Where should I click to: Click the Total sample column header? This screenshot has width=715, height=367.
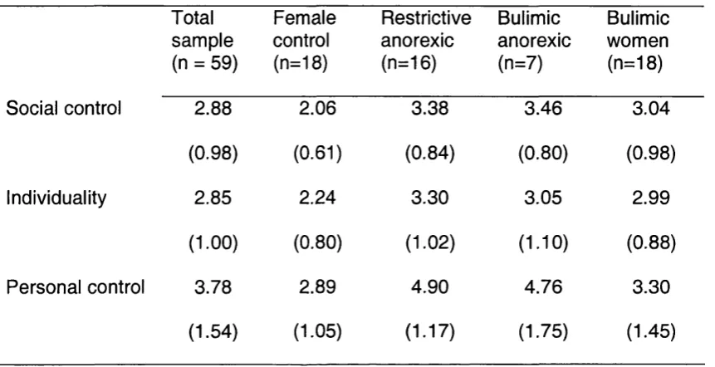204,41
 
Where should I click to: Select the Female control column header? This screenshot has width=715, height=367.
304,41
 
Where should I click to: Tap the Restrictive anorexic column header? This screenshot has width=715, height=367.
425,41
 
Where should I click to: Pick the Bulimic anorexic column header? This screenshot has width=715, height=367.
534,41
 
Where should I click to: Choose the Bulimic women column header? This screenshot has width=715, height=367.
638,41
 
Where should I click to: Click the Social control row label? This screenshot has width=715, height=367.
64,109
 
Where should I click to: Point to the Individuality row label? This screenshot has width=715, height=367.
56,198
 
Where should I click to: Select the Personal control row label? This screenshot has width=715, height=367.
76,287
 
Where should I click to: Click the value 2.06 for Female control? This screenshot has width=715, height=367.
317,109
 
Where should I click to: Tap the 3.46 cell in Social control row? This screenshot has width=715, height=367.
542,109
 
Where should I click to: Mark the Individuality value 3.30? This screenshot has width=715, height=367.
429,198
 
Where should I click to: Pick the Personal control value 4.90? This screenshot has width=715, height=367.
429,287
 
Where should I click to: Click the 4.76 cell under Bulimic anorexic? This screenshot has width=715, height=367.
542,287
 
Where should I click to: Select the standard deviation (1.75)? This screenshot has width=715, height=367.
542,332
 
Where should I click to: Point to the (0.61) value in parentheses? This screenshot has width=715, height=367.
317,153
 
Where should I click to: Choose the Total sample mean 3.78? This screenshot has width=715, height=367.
213,287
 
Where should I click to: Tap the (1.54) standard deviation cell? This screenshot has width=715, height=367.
213,332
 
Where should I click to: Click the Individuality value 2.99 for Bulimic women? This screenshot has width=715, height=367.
651,198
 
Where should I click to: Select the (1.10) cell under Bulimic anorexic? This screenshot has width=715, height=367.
542,242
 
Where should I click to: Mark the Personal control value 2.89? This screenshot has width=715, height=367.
317,287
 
